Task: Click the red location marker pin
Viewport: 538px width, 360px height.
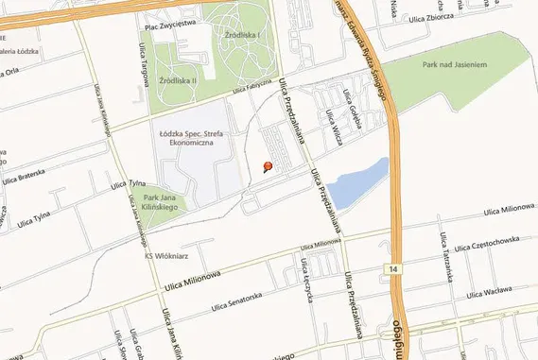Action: [x=267, y=167]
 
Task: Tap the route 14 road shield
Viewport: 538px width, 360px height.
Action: [x=392, y=270]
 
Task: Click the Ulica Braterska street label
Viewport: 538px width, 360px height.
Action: [x=24, y=177]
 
